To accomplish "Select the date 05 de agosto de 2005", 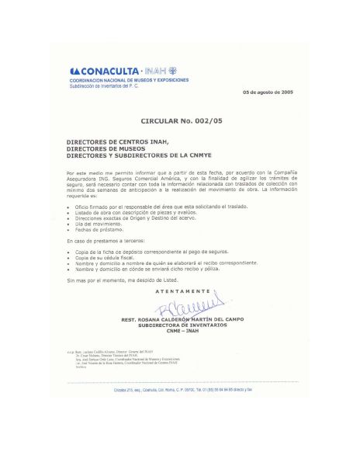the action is [268, 92].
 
